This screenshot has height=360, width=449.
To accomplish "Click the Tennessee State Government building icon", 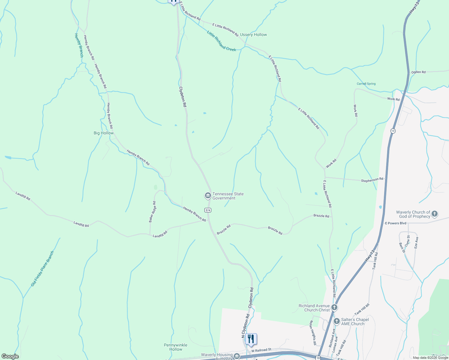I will tap(207, 196).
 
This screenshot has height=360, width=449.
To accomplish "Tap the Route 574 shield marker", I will tap(208, 210).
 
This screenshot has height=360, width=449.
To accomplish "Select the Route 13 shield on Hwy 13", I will tap(393, 131).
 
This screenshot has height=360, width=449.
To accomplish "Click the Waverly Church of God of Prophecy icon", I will tap(435, 214).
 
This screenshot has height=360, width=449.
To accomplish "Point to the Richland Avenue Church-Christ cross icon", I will tap(334, 307).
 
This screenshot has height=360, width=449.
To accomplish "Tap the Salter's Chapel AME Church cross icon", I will tap(337, 321).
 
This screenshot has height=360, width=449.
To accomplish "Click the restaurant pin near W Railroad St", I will tap(251, 339).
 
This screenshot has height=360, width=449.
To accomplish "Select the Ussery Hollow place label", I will tap(253, 35).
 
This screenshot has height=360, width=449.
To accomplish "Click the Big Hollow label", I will tap(104, 133).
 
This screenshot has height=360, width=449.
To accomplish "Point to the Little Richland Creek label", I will tap(221, 41).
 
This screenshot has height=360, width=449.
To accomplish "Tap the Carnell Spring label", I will tap(366, 84).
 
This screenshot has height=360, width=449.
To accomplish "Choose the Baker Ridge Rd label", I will tap(152, 212).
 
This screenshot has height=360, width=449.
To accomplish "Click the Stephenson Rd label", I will tap(372, 180).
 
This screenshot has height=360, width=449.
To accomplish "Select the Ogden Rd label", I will tap(418, 72).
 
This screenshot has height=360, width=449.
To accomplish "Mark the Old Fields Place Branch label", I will tap(42, 268).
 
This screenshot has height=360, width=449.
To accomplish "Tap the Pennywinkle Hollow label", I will tap(176, 347).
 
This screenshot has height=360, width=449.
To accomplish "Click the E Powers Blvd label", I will tap(395, 223).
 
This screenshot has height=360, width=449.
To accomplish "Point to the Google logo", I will tap(10, 356).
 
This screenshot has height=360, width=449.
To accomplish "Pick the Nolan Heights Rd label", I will tap(313, 332).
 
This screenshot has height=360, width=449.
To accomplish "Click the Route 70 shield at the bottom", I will tap(318, 358).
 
